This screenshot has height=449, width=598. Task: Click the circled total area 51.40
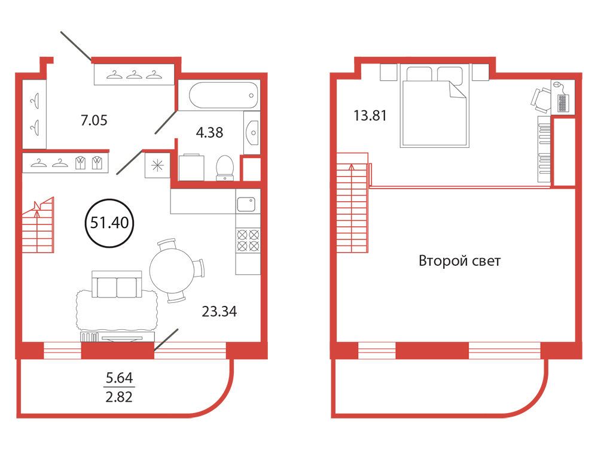tap(109, 223)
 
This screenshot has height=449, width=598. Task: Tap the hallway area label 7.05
tap(94, 120)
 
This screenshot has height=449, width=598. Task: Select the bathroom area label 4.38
tap(209, 132)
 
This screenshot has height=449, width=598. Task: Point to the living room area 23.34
tap(219, 311)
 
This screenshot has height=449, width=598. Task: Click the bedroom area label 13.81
tap(370, 116)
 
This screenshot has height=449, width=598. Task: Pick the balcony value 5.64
tap(120, 378)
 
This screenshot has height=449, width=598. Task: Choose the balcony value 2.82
tap(120, 397)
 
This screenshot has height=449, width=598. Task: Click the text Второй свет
tap(459, 261)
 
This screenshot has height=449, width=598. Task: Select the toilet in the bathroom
tap(225, 168)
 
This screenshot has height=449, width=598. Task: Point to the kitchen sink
tap(246, 204)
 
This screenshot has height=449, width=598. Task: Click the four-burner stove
tap(248, 240)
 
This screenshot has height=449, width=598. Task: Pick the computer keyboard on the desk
tap(563, 103)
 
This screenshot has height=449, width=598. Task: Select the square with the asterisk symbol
tap(157, 165)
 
